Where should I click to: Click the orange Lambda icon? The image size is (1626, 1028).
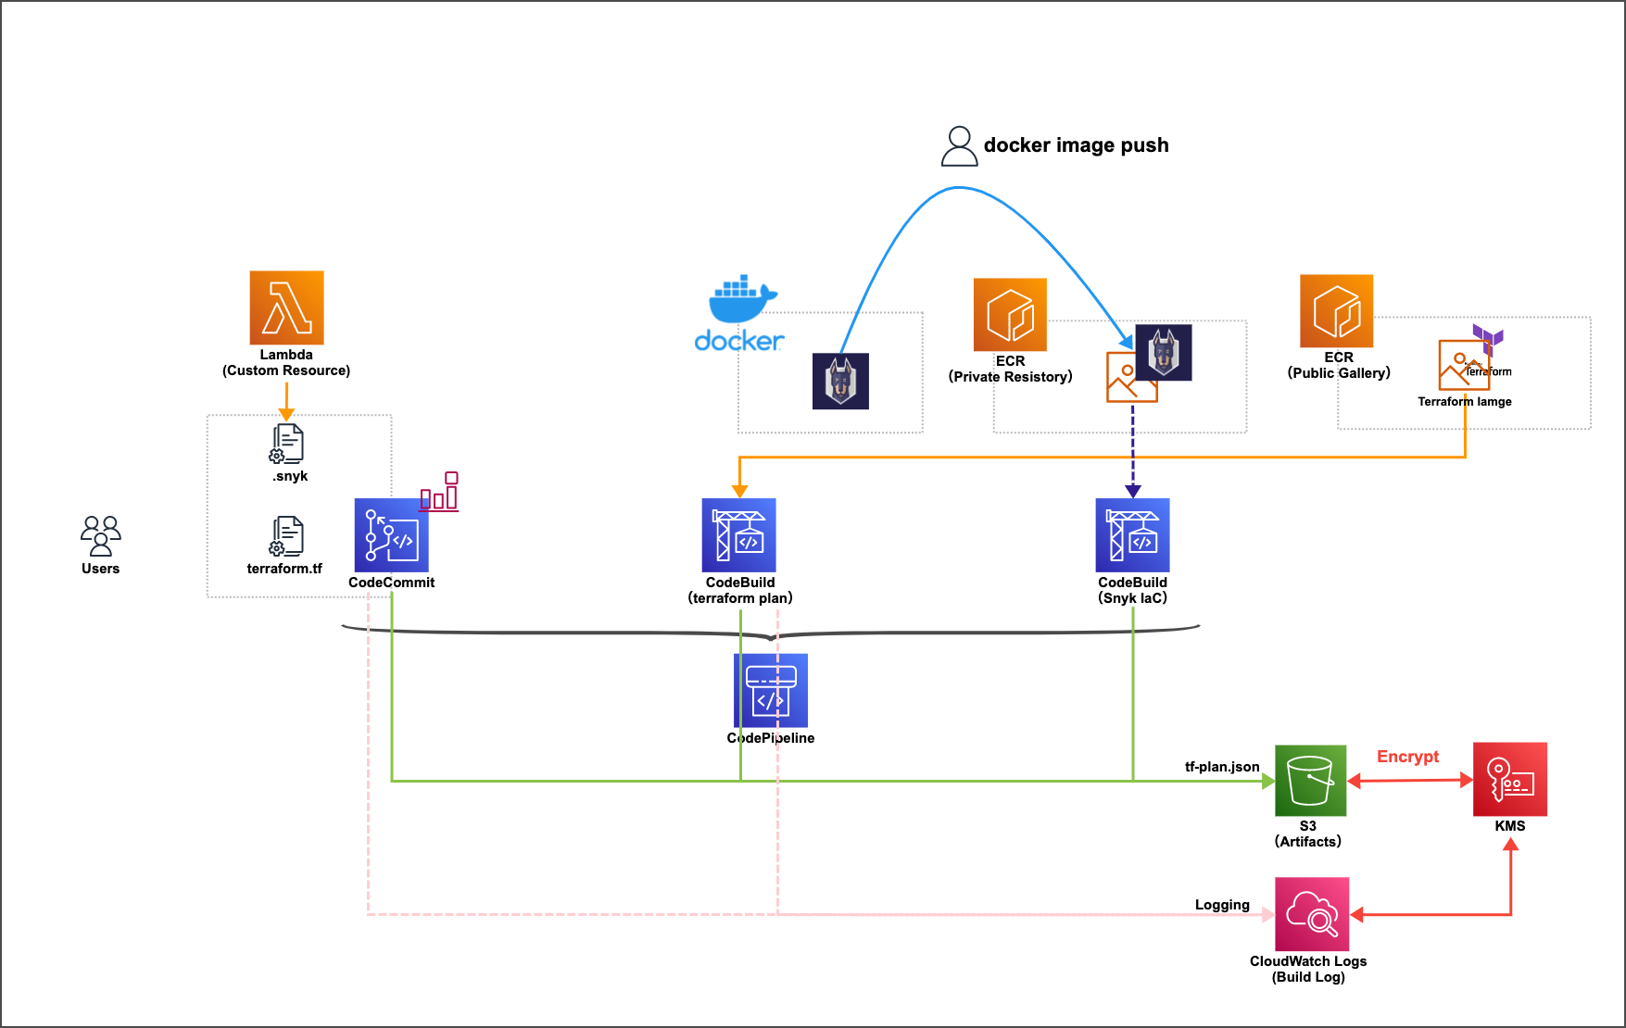286,307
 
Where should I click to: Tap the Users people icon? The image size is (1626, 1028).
100,535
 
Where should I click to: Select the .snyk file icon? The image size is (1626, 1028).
287,444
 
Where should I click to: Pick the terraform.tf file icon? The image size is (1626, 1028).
287,536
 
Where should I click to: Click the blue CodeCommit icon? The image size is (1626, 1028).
391,535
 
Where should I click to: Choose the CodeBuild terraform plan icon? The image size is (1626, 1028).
738,535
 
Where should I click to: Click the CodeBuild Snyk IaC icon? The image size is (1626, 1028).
1132,535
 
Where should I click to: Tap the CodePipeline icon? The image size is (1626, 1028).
771,691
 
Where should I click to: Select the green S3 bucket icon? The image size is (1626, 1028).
1310,780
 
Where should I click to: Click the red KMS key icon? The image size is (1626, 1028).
1509,779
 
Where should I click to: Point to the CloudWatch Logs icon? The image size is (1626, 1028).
1312,914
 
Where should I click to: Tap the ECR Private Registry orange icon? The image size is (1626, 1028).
1010,315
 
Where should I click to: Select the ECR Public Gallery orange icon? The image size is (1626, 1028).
1336,311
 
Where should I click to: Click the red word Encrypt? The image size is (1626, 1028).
1407,757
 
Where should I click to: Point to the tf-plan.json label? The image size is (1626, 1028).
1222,767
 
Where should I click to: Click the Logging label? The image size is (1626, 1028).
1222,905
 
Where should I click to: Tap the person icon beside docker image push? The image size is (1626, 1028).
959,146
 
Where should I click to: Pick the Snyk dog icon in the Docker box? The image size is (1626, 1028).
840,381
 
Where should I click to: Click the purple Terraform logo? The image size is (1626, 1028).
1487,338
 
